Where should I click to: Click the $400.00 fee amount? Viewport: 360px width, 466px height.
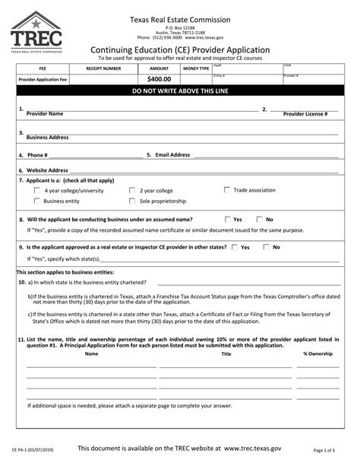[x=159, y=78]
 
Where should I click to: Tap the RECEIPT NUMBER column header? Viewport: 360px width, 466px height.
[x=103, y=68]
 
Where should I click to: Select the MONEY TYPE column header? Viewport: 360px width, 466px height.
[x=196, y=68]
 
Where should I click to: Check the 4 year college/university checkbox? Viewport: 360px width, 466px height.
[x=37, y=191]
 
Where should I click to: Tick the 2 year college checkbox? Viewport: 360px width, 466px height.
[x=133, y=191]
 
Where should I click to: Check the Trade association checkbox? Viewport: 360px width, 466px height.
[x=227, y=189]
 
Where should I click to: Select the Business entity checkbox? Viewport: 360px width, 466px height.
[x=37, y=201]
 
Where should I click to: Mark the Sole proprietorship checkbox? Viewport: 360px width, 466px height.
[x=133, y=201]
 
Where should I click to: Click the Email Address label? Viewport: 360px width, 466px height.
[x=172, y=154]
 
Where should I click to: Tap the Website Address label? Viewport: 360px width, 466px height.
[x=47, y=170]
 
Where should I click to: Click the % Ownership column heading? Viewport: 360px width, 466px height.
[x=317, y=353]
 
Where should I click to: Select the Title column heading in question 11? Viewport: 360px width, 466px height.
[x=226, y=353]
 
